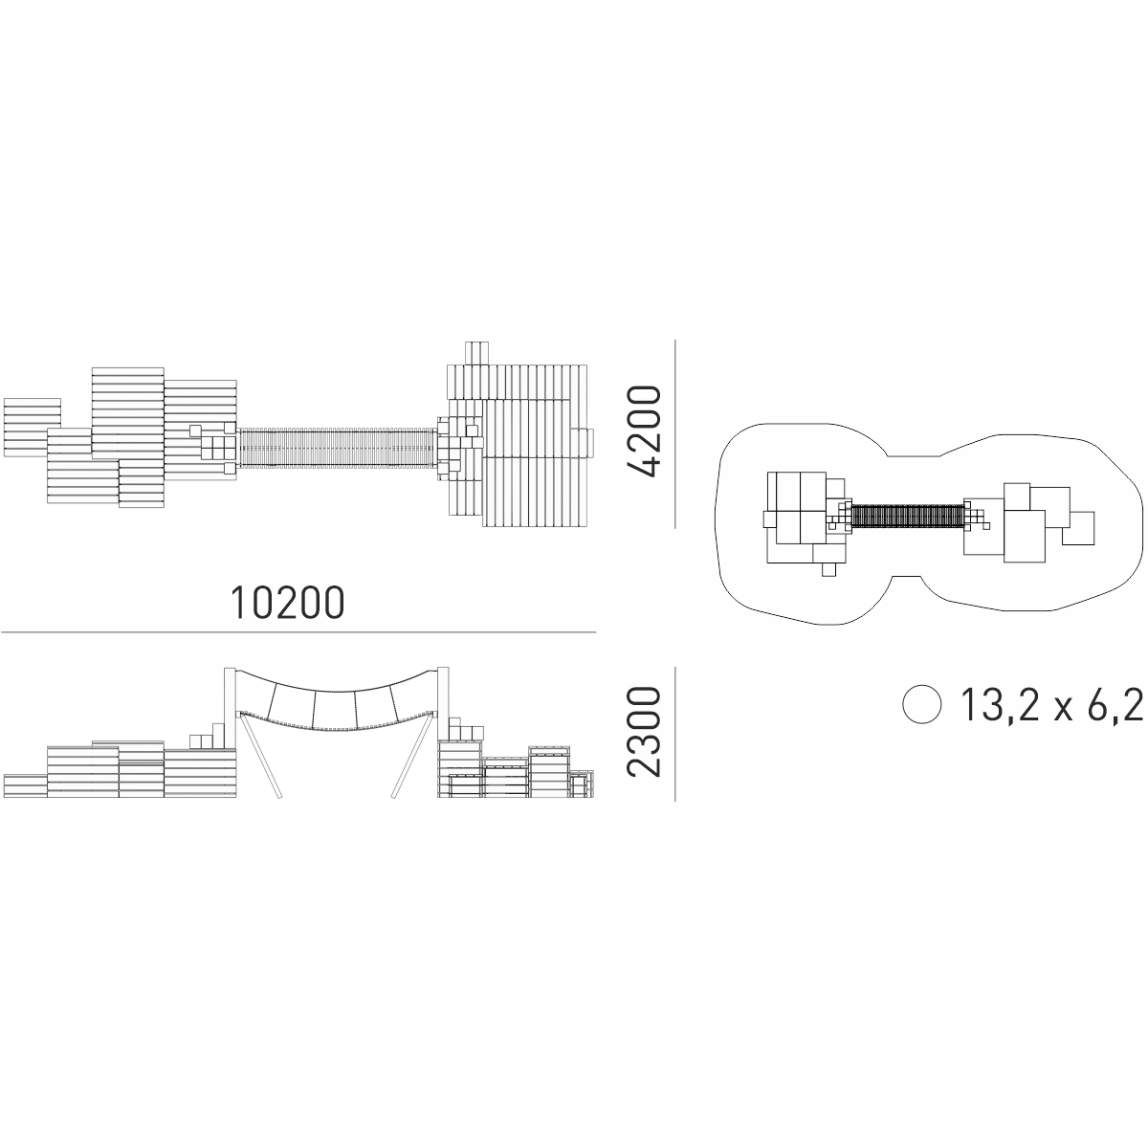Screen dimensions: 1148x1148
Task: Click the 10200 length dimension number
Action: coord(288,603)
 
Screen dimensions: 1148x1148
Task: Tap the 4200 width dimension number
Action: coord(644,431)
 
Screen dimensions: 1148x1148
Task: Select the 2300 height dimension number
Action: coord(644,732)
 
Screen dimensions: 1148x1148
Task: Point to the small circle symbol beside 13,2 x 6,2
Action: coord(921,704)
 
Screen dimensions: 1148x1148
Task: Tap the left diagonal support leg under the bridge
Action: coord(260,756)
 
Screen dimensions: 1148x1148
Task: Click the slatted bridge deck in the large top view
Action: coord(337,446)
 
